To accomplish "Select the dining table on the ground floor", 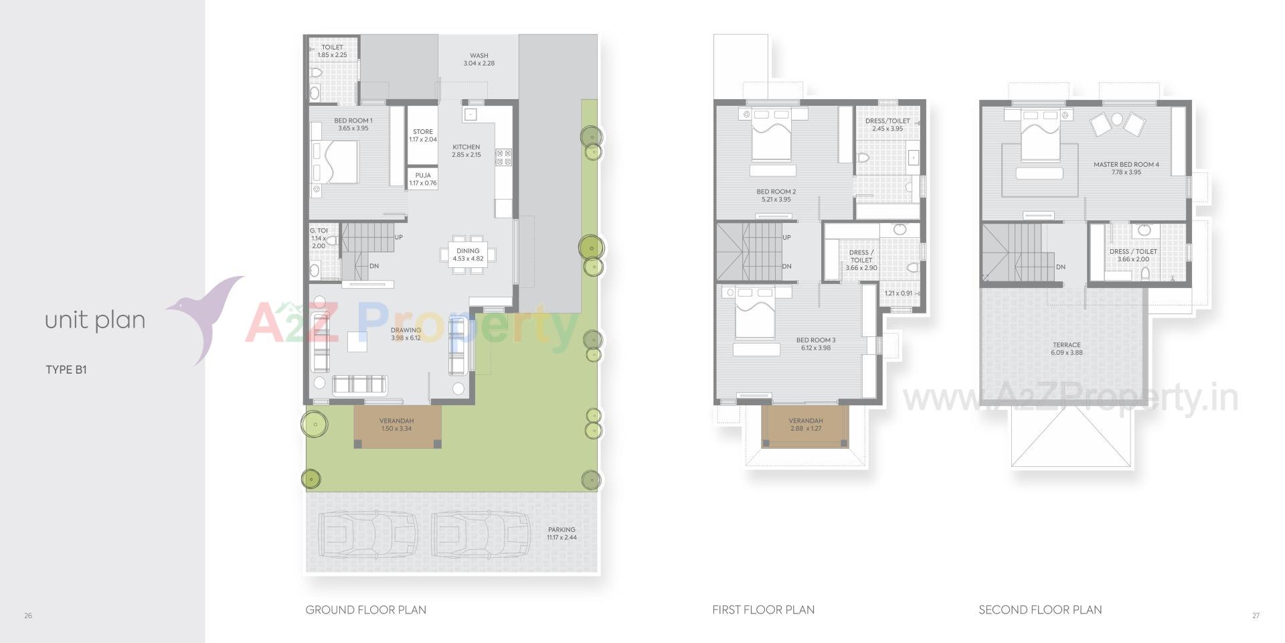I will click(x=468, y=255).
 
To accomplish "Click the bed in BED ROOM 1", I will click(x=335, y=161).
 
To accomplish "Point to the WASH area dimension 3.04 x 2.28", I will click(x=479, y=64).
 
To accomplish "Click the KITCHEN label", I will click(x=466, y=147).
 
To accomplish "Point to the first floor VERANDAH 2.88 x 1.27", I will click(x=806, y=425).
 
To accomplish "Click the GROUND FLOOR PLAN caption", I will click(x=365, y=610).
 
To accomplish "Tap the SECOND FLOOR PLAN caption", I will click(x=1040, y=610).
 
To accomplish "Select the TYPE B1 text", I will click(x=66, y=370).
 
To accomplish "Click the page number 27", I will click(x=1256, y=616).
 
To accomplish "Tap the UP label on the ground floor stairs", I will click(x=399, y=237).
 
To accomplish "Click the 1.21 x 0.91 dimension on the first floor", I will click(x=898, y=293).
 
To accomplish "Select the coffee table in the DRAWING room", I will click(x=357, y=342).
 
